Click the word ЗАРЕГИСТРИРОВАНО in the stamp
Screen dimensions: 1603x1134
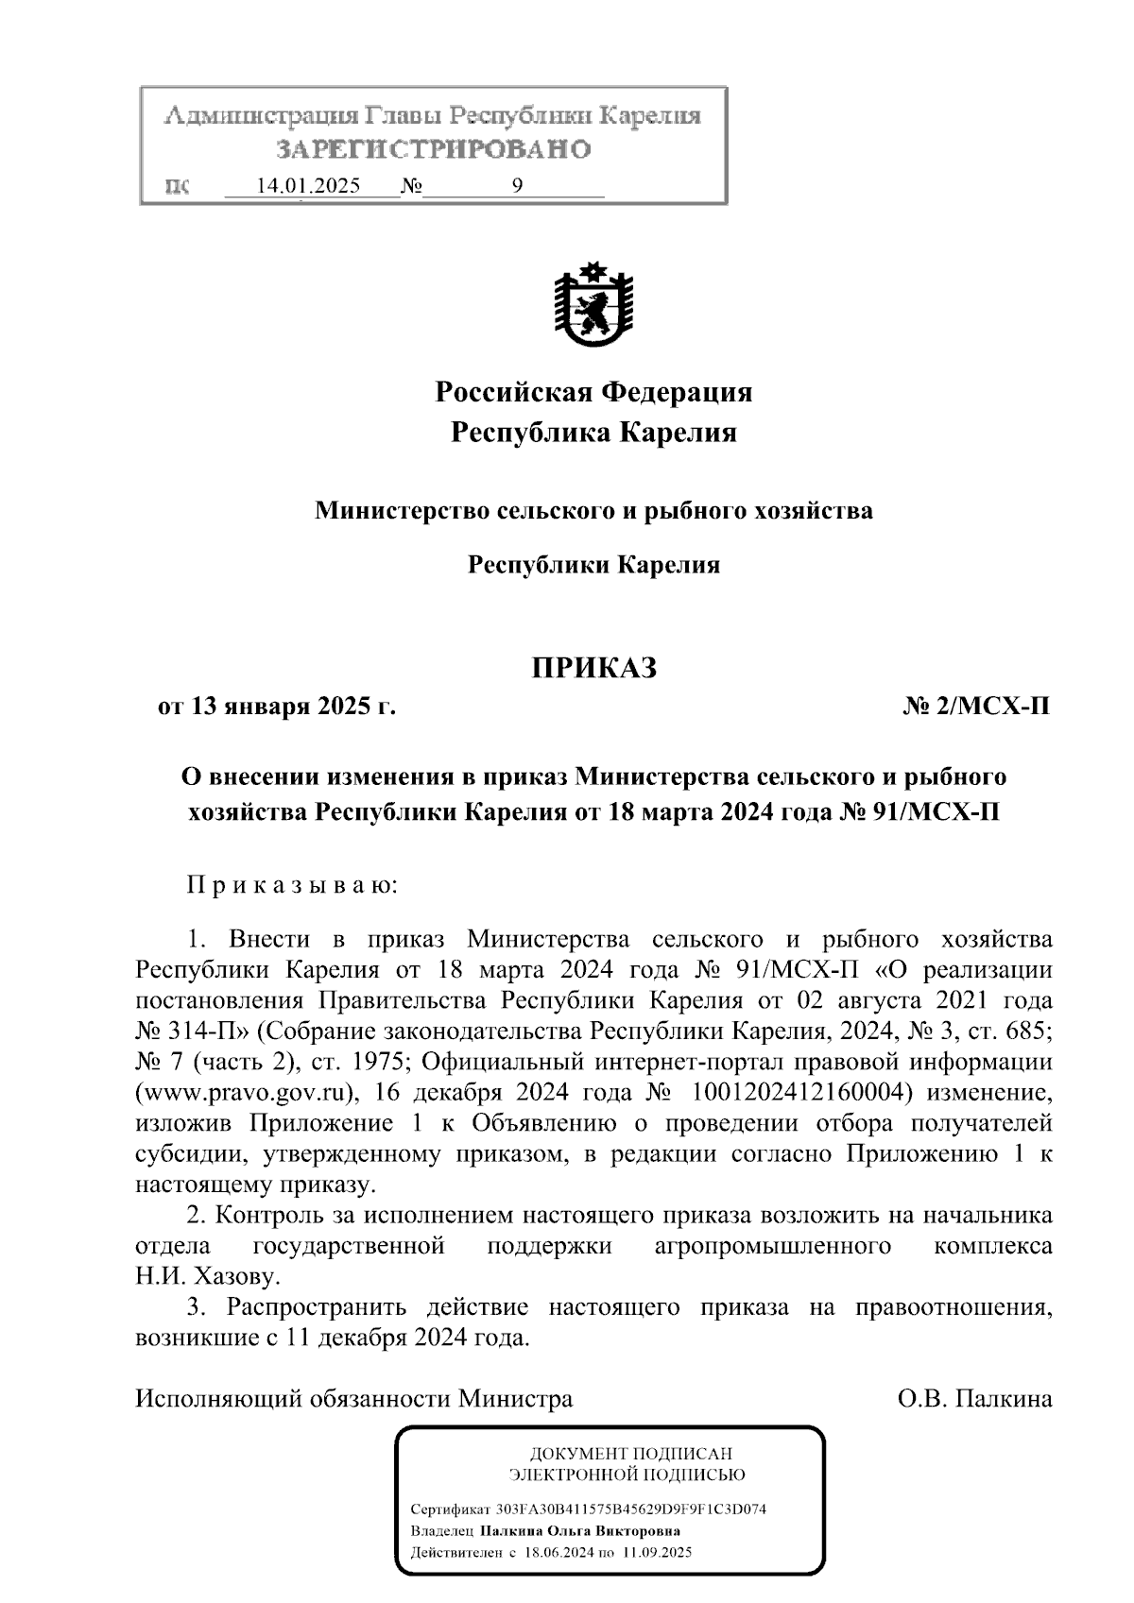pyautogui.click(x=434, y=149)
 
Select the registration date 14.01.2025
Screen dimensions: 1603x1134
pyautogui.click(x=309, y=186)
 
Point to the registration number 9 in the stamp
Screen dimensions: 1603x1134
pyautogui.click(x=517, y=186)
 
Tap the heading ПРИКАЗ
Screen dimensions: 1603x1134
pyautogui.click(x=593, y=669)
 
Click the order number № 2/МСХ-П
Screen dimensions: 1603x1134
pyautogui.click(x=976, y=707)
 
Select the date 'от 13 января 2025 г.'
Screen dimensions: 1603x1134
pyautogui.click(x=276, y=707)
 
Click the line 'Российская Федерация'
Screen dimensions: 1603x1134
pyautogui.click(x=593, y=391)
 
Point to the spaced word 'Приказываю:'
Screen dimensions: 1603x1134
pyautogui.click(x=293, y=886)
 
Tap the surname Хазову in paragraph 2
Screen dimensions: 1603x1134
pyautogui.click(x=237, y=1277)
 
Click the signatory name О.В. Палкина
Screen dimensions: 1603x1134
pyautogui.click(x=975, y=1398)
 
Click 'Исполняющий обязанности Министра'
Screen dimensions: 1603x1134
pyautogui.click(x=354, y=1398)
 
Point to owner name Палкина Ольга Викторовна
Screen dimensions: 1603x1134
pyautogui.click(x=580, y=1531)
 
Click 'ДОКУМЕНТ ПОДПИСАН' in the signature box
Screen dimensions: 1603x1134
pyautogui.click(x=631, y=1454)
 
